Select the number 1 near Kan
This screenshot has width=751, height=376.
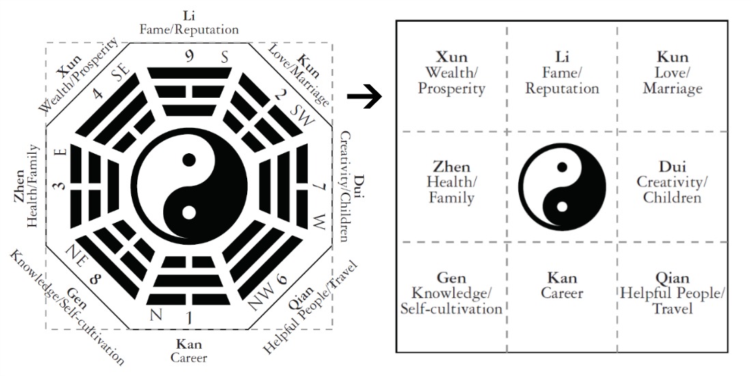pyautogui.click(x=189, y=317)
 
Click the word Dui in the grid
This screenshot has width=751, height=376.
pyautogui.click(x=672, y=167)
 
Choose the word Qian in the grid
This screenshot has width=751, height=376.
pyautogui.click(x=672, y=278)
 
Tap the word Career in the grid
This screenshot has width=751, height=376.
pyautogui.click(x=562, y=293)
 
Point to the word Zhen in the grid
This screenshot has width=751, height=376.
pyautogui.click(x=451, y=167)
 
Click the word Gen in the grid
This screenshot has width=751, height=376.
pyautogui.click(x=451, y=278)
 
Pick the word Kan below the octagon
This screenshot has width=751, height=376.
pyautogui.click(x=188, y=343)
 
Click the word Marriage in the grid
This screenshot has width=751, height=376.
pyautogui.click(x=672, y=88)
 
